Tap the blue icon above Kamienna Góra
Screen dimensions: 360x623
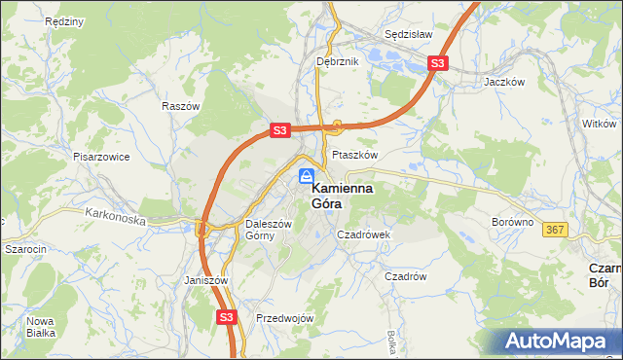(x=306, y=176)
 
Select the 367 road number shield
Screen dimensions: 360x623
(x=556, y=229)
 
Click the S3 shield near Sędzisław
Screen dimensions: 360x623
(x=438, y=64)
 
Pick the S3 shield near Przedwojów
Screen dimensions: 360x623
(x=227, y=316)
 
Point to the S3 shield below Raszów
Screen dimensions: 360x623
(x=279, y=129)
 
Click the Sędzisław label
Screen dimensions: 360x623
(x=409, y=32)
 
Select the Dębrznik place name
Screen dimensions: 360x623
(x=339, y=60)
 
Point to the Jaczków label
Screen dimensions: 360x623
(x=505, y=83)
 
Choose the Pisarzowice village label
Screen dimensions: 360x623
(x=101, y=156)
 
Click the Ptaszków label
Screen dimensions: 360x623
(x=354, y=154)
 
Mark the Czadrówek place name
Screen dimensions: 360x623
(x=363, y=234)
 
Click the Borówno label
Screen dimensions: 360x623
(x=512, y=222)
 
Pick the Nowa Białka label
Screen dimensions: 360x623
(x=41, y=328)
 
